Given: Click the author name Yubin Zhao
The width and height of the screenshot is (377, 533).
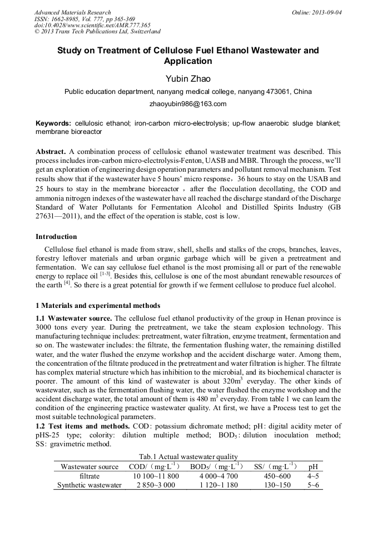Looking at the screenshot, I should coord(188,79).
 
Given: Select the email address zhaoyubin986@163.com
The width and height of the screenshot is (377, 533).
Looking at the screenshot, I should coord(188,104).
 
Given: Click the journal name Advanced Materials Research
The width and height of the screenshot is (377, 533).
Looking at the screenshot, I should coord(72,12).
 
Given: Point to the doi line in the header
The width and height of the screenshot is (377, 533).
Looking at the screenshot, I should coord(92,25).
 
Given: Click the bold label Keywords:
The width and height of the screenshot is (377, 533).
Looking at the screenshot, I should coord(53,123).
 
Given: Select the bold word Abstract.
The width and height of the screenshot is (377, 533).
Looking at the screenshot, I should coord(51,152).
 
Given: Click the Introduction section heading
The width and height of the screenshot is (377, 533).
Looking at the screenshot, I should coord(56,237).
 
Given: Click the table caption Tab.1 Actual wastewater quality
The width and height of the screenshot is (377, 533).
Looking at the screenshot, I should coord(188,457).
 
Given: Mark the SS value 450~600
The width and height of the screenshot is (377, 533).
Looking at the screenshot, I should coord(277,476).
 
